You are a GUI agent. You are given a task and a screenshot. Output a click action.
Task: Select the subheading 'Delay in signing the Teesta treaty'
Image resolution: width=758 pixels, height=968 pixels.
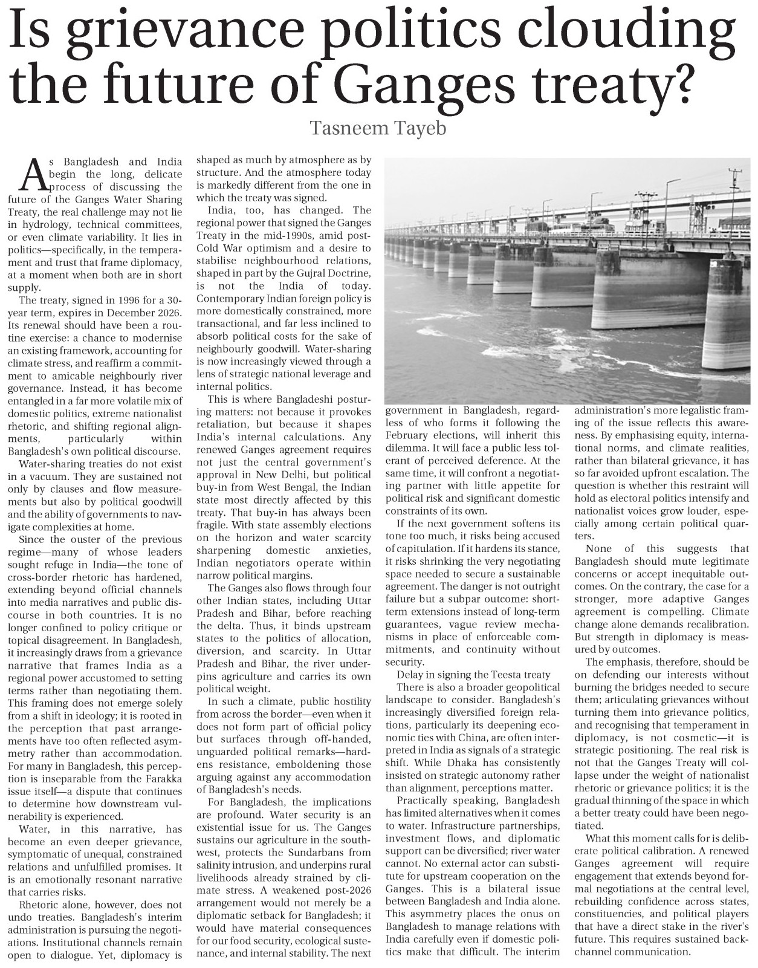coord(474,675)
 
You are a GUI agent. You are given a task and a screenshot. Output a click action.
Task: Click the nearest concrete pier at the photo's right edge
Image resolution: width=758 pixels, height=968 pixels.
coord(725,314)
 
